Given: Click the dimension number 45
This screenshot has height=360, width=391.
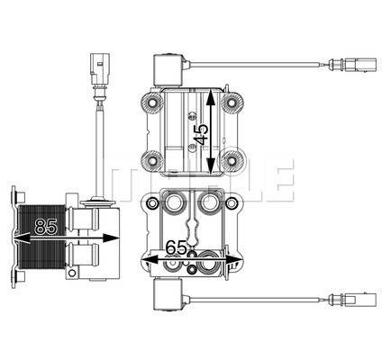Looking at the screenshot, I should point(204,133).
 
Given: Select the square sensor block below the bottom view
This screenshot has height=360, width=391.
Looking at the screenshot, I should point(168,294).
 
